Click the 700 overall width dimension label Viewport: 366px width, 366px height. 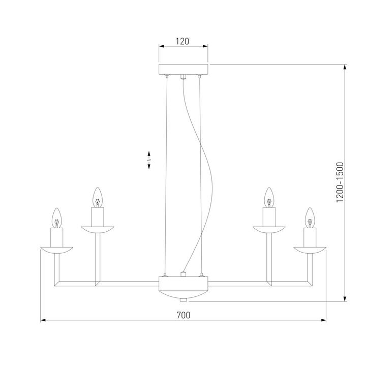[183, 315]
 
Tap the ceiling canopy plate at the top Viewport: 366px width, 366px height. [183, 70]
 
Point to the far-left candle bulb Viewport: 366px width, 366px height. [57, 217]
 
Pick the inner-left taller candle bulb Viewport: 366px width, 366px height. [97, 197]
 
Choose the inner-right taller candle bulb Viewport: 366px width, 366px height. [269, 197]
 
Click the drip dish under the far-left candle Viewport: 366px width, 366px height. [57, 249]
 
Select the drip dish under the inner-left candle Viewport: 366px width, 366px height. [97, 229]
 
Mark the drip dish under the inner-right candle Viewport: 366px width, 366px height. [269, 229]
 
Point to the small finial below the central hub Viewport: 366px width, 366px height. [183, 298]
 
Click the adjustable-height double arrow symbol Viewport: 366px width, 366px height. [148, 161]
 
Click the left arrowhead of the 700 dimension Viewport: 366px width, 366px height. [43, 320]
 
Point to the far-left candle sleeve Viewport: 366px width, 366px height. [57, 236]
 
